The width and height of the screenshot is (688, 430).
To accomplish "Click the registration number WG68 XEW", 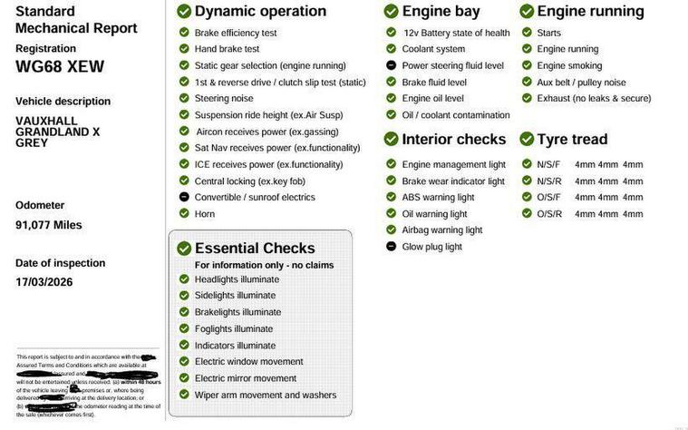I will click(x=60, y=66).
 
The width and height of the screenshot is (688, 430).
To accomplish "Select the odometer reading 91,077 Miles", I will click(x=49, y=225).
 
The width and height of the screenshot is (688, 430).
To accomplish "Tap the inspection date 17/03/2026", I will click(x=44, y=282).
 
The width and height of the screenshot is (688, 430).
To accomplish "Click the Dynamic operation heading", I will click(x=260, y=12).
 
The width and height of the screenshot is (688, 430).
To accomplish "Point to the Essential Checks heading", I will click(x=255, y=249).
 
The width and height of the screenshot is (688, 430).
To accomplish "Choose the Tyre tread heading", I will click(x=572, y=140).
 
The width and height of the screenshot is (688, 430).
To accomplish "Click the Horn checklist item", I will click(x=205, y=214).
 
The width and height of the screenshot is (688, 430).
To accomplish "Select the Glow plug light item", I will click(x=431, y=247).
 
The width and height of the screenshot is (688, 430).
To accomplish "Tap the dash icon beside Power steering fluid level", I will click(x=391, y=66).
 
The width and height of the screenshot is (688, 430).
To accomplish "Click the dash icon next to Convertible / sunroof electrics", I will click(x=184, y=198).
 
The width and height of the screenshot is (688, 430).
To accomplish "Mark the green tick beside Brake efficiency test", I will click(x=184, y=33).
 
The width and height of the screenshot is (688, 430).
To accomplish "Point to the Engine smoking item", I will click(x=569, y=66).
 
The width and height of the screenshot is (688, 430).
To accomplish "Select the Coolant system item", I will click(x=433, y=50).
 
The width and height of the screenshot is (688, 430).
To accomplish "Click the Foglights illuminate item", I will click(x=233, y=329).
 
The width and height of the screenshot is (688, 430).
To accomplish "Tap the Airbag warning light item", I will click(x=441, y=230).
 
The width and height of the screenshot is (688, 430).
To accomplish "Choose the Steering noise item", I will click(x=224, y=99).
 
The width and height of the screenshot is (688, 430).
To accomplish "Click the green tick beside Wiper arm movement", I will click(x=184, y=396).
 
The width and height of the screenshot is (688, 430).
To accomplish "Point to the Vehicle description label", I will click(x=63, y=102).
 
